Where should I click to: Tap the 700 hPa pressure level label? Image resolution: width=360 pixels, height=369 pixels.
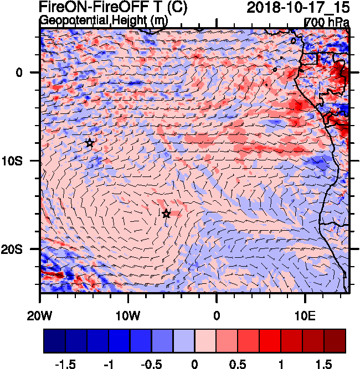pos(327,22)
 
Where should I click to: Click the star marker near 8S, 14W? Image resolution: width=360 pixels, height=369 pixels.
pos(90,143)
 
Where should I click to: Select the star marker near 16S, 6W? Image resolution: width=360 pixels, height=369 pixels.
pos(166,214)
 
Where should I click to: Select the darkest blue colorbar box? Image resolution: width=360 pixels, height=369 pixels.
pos(54,341)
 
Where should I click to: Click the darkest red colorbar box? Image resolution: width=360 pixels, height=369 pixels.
pos(335,341)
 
